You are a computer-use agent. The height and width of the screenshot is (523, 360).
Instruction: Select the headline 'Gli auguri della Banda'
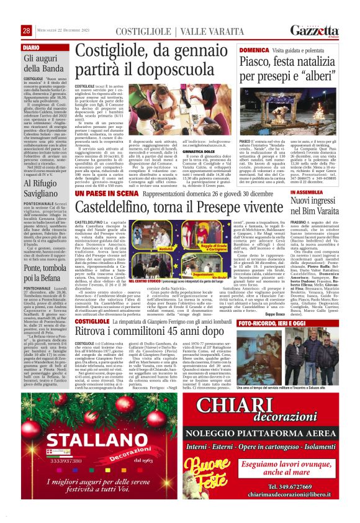pyautogui.click(x=45, y=65)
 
